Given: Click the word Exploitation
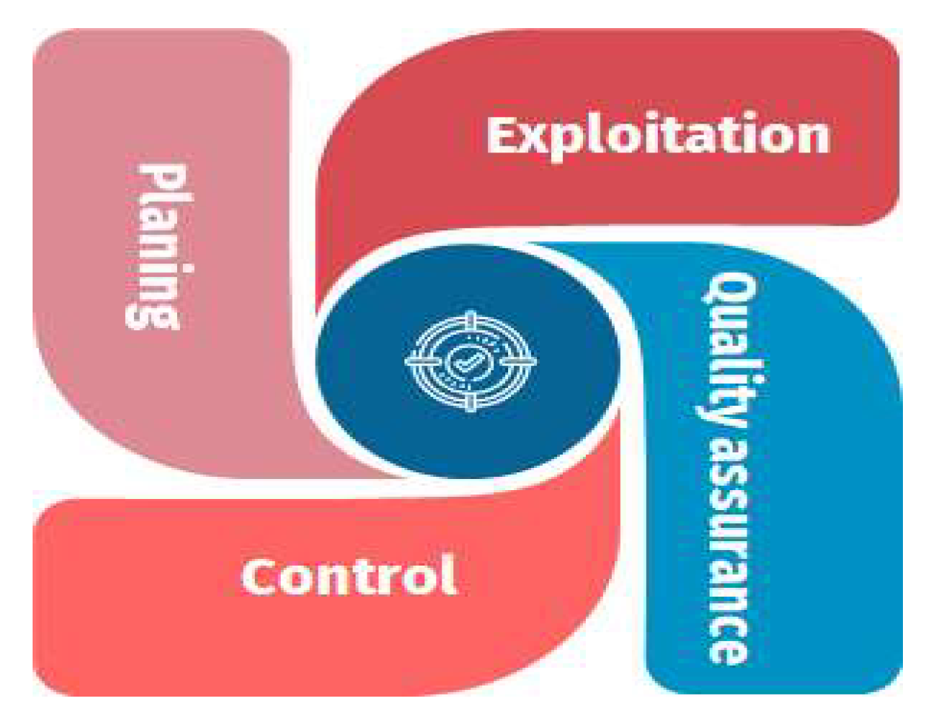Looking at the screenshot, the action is [x=658, y=136].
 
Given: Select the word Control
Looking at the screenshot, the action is [x=348, y=576].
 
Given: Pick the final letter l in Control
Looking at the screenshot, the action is [x=447, y=574].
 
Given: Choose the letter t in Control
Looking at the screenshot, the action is [x=361, y=576].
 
